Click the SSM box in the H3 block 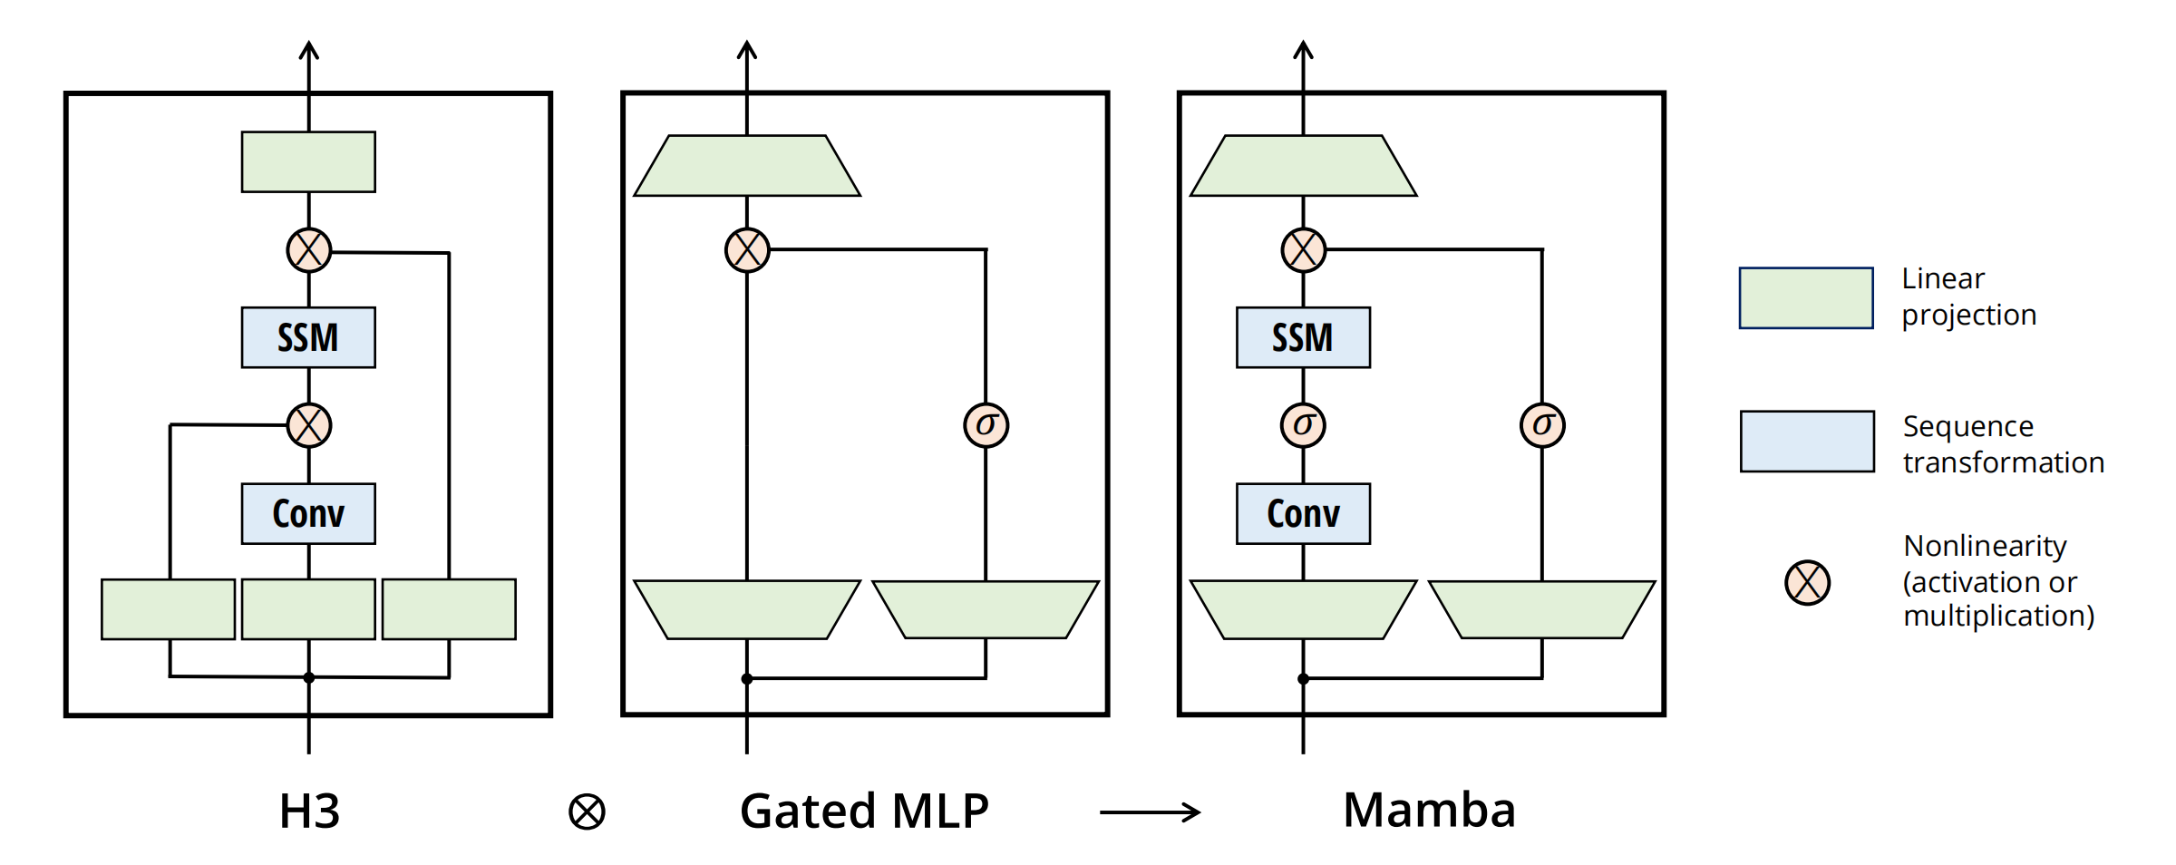point(308,337)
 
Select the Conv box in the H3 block point(308,513)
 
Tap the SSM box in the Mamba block point(1303,337)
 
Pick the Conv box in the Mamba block point(1303,513)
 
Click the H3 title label point(309,810)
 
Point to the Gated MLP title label point(864,810)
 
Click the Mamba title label point(1429,810)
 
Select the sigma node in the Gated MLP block point(986,425)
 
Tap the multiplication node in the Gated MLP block point(747,250)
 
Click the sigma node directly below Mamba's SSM point(1303,425)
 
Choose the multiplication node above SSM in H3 point(309,250)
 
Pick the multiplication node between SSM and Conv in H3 point(309,425)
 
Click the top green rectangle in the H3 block point(308,162)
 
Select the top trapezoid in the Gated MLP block point(747,166)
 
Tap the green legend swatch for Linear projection point(1806,297)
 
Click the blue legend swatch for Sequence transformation point(1807,442)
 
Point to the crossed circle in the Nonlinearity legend point(1807,582)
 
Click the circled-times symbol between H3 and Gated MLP point(587,812)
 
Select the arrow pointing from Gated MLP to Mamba point(1150,812)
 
